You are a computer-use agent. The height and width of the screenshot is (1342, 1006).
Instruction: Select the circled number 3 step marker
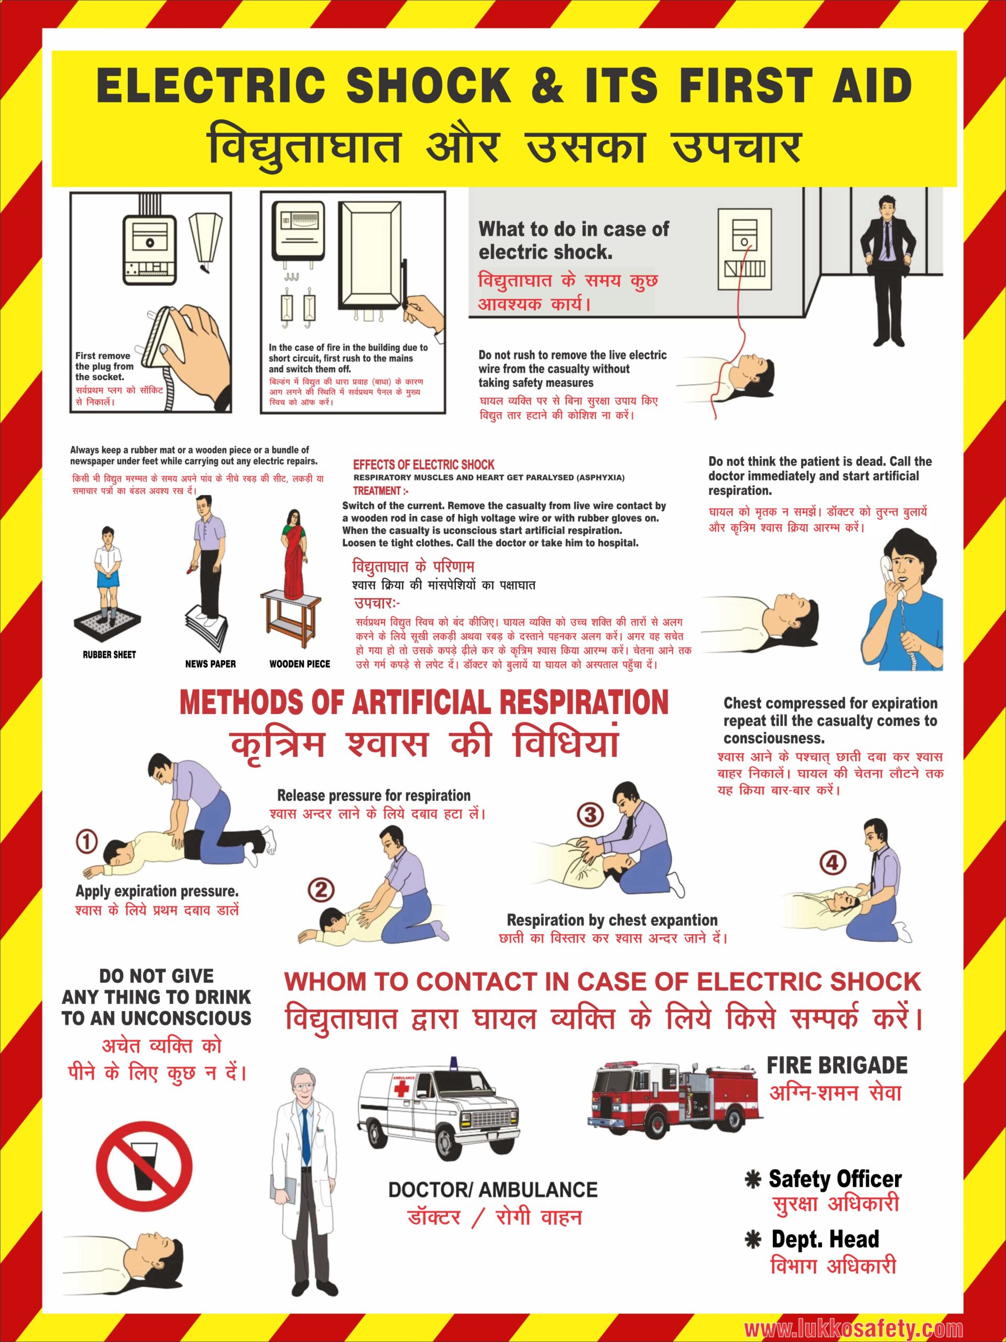pos(590,815)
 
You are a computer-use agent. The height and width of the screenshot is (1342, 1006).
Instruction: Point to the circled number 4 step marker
pos(833,863)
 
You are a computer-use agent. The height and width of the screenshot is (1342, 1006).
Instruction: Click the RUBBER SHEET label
pos(109,655)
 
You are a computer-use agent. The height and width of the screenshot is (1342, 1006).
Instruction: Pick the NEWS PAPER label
pos(211,664)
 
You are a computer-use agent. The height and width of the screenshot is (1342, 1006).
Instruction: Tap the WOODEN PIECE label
pos(300,664)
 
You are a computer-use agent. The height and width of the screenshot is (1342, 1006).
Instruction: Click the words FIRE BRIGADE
pos(837,1065)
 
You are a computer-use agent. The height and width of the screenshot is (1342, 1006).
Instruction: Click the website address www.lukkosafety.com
pos(853,1324)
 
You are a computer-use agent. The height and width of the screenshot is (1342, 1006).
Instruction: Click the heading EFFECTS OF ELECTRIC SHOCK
pos(424,465)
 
